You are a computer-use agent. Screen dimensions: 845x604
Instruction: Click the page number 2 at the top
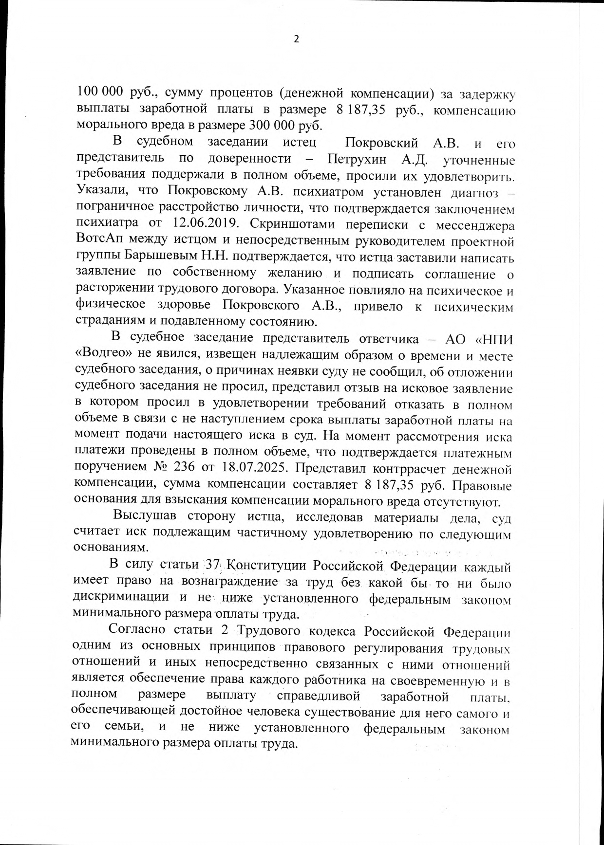296,39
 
